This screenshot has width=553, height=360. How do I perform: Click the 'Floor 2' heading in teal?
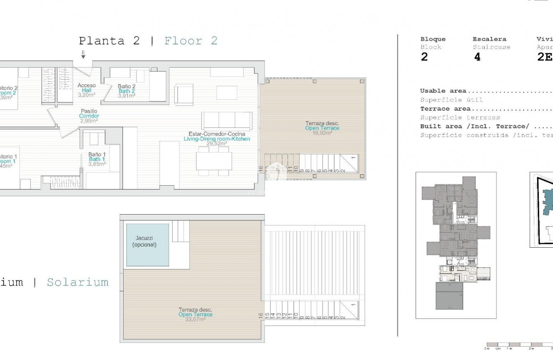point(191,41)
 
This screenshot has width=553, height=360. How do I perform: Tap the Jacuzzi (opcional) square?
point(147,245)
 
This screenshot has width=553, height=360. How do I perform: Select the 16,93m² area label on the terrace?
point(322,133)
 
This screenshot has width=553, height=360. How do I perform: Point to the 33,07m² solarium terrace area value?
point(195,319)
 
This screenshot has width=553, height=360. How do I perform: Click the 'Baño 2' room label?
point(126,86)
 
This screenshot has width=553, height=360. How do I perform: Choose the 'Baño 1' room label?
point(97,154)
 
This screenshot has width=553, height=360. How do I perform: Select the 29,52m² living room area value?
point(216,143)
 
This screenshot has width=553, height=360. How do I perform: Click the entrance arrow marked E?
point(83,54)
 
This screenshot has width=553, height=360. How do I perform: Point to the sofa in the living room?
point(227,120)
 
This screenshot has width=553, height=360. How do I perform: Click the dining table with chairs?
point(214,161)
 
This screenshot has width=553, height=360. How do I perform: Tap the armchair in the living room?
point(183,94)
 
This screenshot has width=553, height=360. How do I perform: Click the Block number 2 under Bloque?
point(424,57)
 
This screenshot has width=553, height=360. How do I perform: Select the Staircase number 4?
point(477,57)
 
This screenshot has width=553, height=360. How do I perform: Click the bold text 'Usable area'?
point(443,91)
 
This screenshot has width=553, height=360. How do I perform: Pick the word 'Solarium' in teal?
point(77,282)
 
